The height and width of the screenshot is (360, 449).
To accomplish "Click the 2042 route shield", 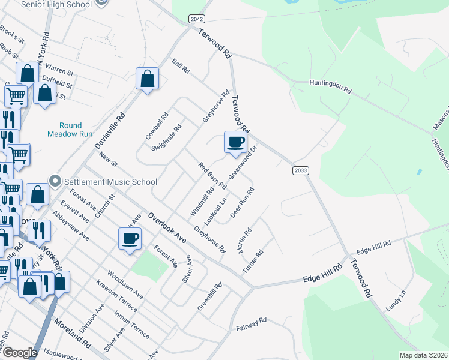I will pyautogui.click(x=196, y=19).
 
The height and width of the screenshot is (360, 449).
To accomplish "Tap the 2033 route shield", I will pyautogui.click(x=301, y=170).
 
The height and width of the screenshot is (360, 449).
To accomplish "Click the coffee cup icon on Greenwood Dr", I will pyautogui.click(x=236, y=143).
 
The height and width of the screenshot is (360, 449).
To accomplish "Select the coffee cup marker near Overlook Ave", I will pyautogui.click(x=130, y=239).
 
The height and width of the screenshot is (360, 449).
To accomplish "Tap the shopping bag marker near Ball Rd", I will pyautogui.click(x=147, y=79).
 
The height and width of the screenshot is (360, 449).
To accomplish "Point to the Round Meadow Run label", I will pyautogui.click(x=70, y=130).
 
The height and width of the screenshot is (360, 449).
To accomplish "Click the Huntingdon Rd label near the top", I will pyautogui.click(x=330, y=87).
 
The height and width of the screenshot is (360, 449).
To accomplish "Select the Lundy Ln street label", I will pyautogui.click(x=396, y=300).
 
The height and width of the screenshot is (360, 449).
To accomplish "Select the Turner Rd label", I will pyautogui.click(x=253, y=262).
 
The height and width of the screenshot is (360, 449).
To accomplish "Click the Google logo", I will pyautogui.click(x=20, y=352).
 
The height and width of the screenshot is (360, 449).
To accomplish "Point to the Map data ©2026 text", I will pyautogui.click(x=423, y=355).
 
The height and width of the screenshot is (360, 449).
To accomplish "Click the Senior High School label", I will pyautogui.click(x=56, y=4).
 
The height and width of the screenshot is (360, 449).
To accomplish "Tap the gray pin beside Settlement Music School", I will pyautogui.click(x=55, y=181).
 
